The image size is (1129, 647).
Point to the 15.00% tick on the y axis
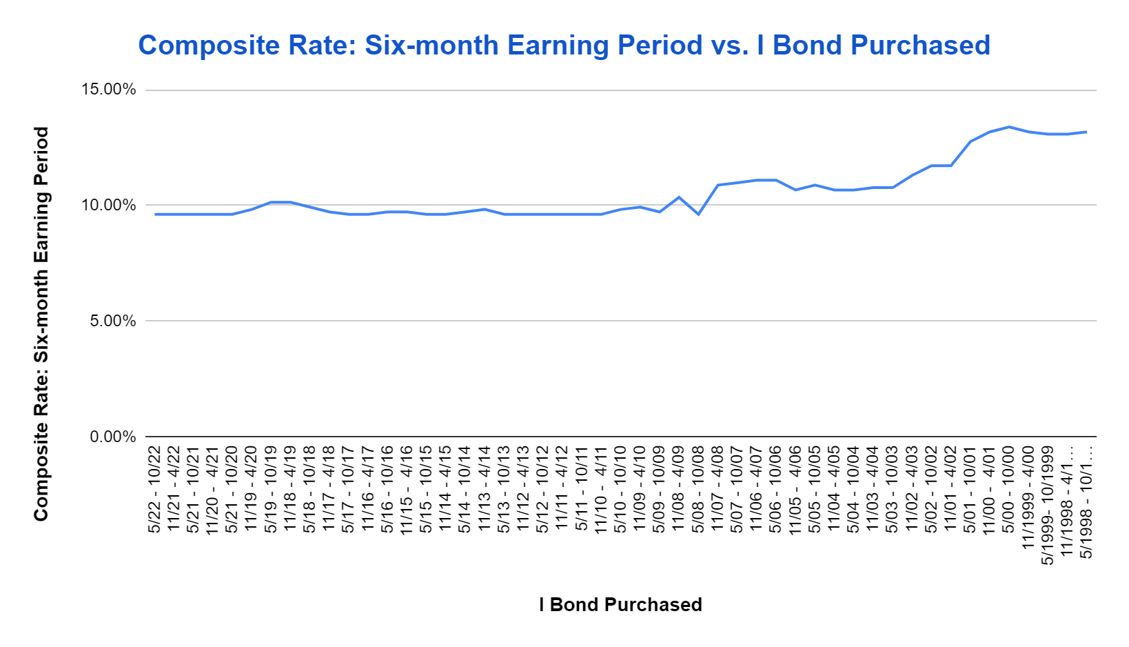pos(109,90)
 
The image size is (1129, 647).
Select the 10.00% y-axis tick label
pos(109,206)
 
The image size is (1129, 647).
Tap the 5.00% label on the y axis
pos(113,321)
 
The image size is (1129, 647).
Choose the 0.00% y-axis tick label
pos(113,436)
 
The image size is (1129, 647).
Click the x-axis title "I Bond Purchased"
pos(620,604)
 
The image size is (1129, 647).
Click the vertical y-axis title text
pos(41,323)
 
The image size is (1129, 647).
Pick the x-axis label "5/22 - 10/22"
pos(154,489)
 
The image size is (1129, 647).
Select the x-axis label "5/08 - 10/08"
pos(698,489)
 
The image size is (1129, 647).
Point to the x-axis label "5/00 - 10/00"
pos(1008,489)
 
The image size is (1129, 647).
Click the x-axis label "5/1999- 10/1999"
pos(1048,506)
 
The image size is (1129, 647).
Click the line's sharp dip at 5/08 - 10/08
pos(698,215)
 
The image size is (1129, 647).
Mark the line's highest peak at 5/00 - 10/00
pos(1008,127)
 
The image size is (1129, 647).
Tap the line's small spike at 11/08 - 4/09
pos(679,197)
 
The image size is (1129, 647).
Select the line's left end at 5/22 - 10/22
pos(155,215)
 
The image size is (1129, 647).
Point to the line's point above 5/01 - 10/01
pos(970,141)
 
